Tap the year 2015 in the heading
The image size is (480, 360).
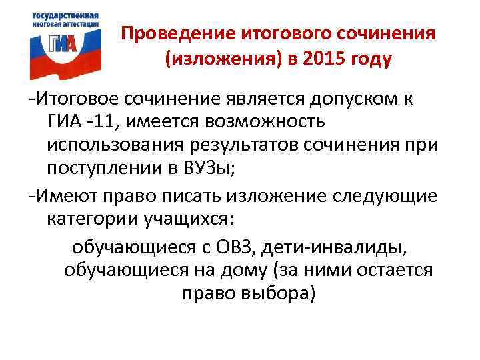click(x=323, y=60)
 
